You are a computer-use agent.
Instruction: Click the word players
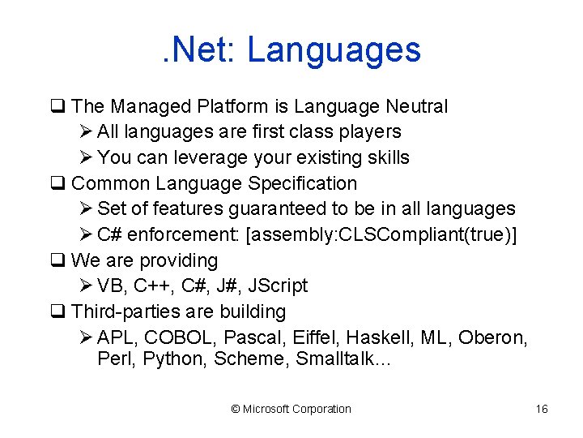(x=368, y=131)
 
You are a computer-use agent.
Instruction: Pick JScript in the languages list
(x=278, y=286)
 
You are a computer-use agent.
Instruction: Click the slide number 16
(x=542, y=409)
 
